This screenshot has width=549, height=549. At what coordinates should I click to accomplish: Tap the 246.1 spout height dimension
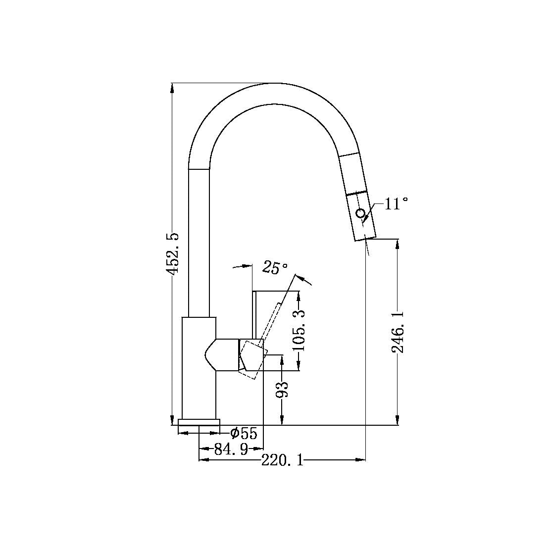coord(398,332)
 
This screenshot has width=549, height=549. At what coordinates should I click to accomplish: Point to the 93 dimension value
coord(282,390)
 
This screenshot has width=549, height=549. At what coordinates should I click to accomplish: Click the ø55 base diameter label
coord(244,434)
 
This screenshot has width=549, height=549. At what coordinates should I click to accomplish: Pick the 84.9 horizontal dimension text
coord(230,449)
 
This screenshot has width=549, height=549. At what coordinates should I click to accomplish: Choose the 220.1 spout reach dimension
coord(282,460)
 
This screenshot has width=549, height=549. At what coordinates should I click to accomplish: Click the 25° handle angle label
coord(275,268)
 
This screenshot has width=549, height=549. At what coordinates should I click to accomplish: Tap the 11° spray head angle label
coord(396,204)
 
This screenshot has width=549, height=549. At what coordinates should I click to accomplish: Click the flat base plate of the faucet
coord(199,422)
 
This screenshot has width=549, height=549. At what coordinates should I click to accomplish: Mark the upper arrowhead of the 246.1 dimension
coord(397,244)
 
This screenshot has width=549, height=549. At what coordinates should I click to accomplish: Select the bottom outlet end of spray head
coord(365,239)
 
